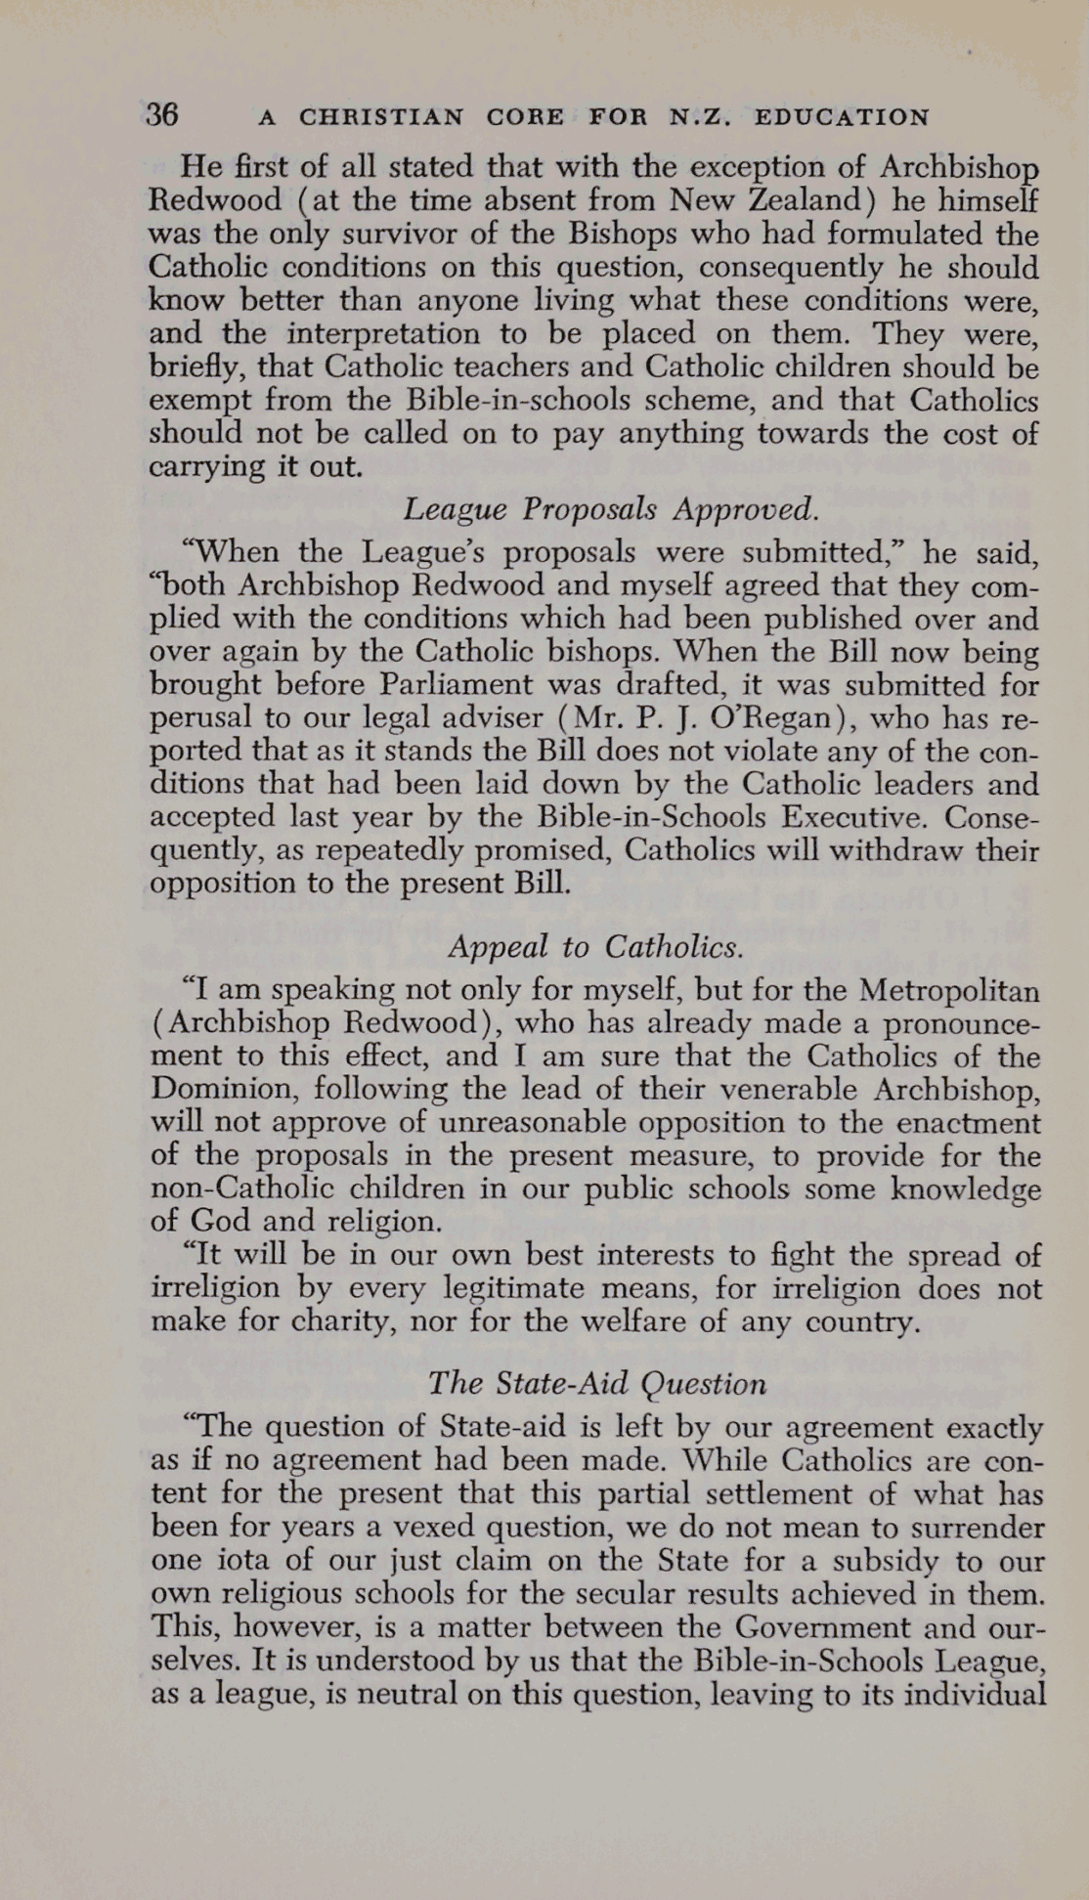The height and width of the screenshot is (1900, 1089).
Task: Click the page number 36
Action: (x=162, y=114)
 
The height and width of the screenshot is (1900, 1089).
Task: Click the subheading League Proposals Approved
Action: (x=610, y=508)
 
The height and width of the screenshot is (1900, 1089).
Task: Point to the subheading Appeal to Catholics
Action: (x=596, y=946)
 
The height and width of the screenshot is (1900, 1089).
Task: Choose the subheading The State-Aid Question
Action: (x=597, y=1383)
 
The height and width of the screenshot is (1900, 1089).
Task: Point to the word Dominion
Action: (x=210, y=1089)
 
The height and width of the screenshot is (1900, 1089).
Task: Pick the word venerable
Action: (x=780, y=1089)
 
